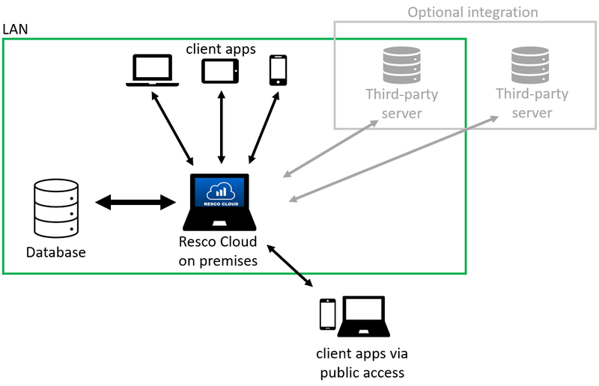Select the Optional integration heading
[472, 12]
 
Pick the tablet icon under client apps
[220, 71]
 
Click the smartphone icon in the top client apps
[278, 70]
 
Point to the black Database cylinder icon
[57, 207]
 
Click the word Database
[56, 252]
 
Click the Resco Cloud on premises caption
[218, 251]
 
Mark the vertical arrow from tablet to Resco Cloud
[221, 127]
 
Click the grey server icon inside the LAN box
[401, 64]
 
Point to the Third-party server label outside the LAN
[532, 103]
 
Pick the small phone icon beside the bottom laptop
[327, 314]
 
